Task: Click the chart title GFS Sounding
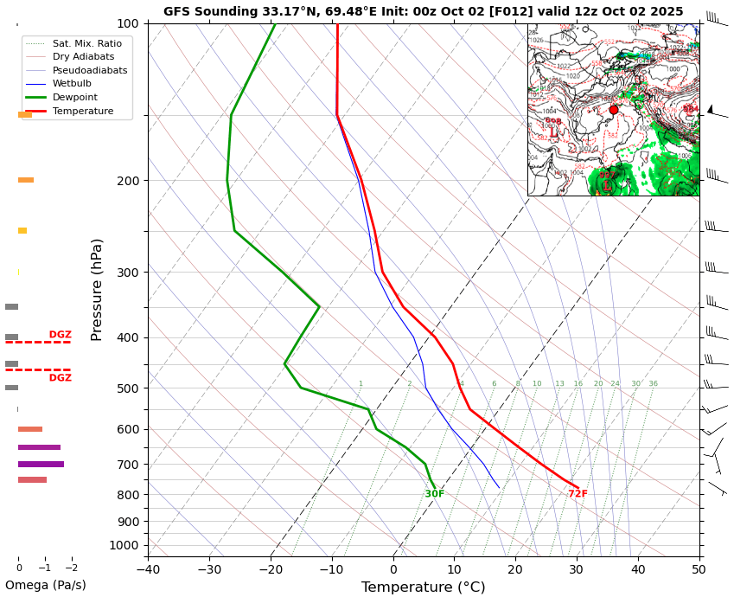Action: coord(423,11)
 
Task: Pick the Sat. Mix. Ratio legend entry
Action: coord(86,43)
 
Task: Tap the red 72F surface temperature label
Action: coord(578,494)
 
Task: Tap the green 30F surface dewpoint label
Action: coord(435,494)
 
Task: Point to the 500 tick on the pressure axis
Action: coord(128,388)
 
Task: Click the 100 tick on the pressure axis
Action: coord(128,23)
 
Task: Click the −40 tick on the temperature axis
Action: coord(148,569)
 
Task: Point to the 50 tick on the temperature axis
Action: coord(699,569)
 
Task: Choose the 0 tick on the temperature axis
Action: coord(393,569)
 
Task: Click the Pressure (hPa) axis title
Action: coord(97,289)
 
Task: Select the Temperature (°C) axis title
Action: coord(423,587)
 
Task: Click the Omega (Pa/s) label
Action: coord(45,585)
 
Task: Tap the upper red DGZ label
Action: coord(61,335)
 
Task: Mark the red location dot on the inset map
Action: coord(614,110)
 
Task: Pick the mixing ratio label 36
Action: coord(653,384)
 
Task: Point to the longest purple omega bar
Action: coord(41,465)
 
